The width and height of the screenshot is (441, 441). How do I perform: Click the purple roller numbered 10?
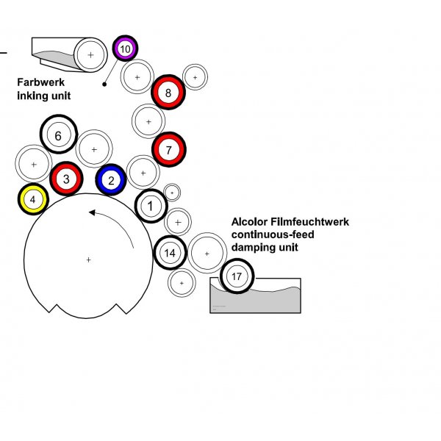(x=125, y=49)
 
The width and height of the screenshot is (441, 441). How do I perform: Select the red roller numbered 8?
(x=168, y=93)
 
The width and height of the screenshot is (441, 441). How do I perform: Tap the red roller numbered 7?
(x=168, y=149)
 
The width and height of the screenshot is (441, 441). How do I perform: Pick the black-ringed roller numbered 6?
(x=58, y=135)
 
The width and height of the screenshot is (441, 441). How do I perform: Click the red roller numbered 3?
(x=66, y=178)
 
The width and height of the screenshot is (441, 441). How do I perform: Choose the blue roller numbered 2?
(x=111, y=179)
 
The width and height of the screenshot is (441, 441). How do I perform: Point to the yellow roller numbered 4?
(x=33, y=198)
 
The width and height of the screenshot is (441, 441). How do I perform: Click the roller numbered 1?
(x=151, y=206)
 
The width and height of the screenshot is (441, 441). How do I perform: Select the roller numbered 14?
(x=170, y=253)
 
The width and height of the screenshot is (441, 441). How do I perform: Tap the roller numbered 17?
(x=236, y=276)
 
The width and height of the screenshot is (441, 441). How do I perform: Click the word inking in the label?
(x=35, y=96)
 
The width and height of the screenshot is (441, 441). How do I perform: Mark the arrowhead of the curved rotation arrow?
(x=92, y=213)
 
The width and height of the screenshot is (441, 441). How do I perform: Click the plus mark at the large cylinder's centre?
(x=88, y=259)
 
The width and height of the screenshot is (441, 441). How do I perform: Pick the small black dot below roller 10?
(x=105, y=84)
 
